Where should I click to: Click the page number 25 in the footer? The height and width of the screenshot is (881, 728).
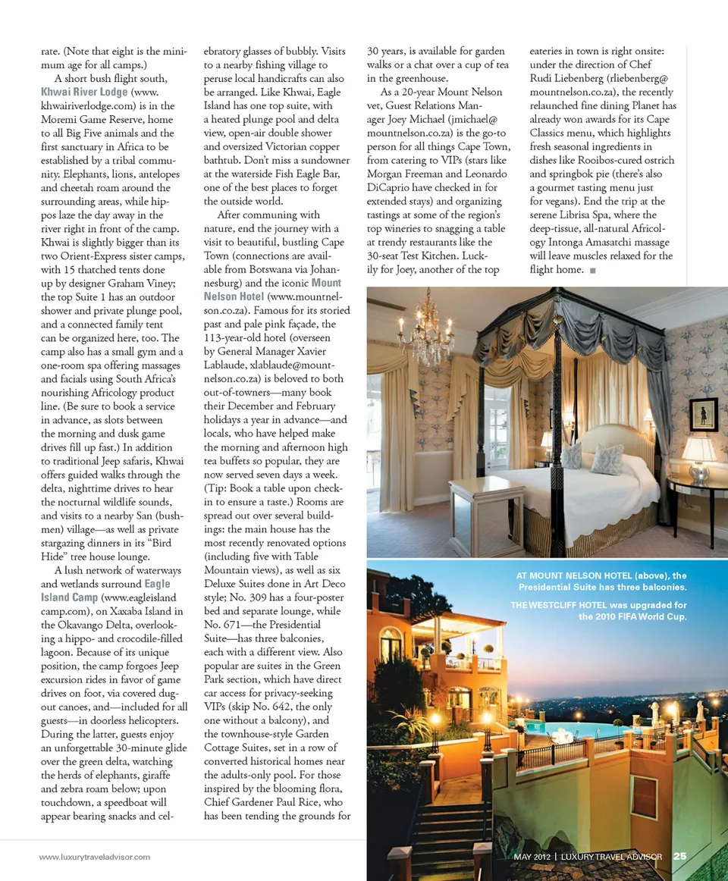679,857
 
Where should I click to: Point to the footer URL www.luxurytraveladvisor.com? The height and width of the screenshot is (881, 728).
95,857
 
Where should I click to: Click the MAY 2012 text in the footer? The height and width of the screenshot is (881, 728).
531,857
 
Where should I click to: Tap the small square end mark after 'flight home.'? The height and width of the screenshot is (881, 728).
592,270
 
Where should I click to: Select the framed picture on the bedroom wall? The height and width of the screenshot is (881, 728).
704,414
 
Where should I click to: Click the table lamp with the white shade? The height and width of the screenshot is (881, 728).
698,455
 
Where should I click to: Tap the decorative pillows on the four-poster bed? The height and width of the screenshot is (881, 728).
595,458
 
